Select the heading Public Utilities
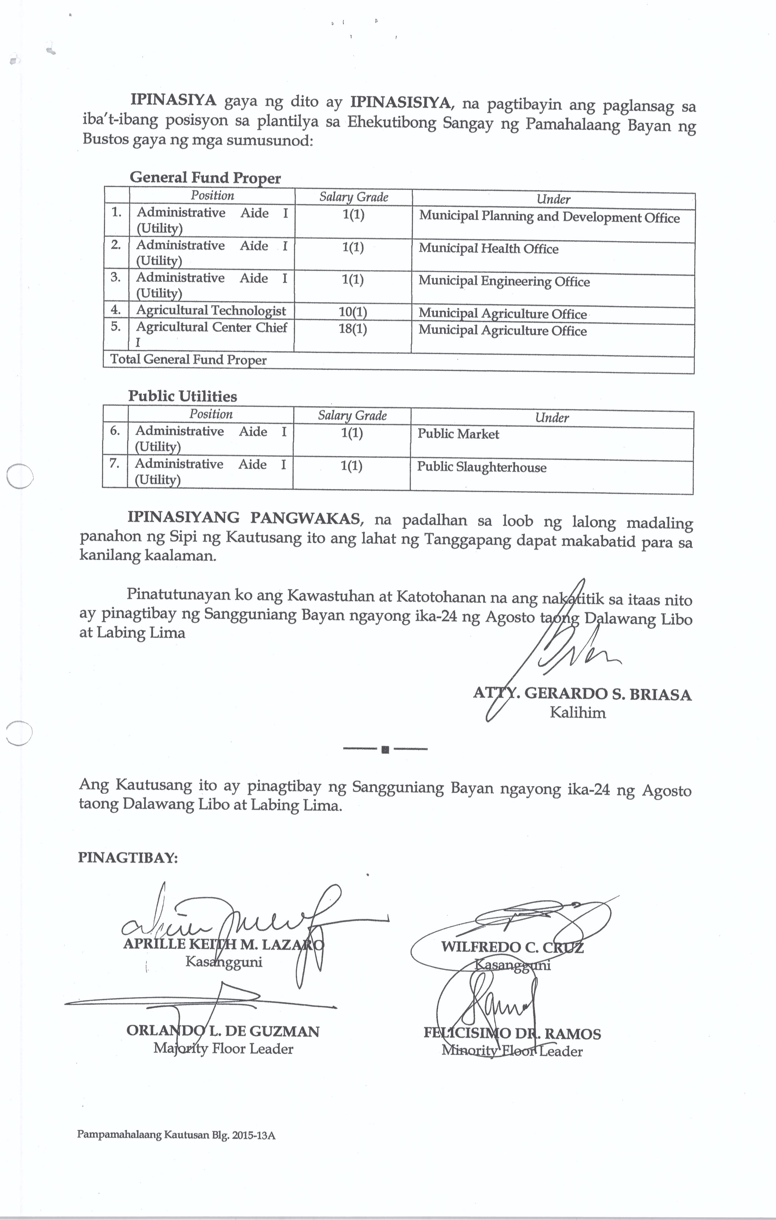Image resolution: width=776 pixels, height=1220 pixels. [x=182, y=396]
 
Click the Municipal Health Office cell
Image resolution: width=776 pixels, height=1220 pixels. [x=488, y=249]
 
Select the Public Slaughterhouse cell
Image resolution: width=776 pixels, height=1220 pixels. [x=482, y=467]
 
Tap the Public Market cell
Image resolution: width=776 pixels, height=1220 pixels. [x=458, y=434]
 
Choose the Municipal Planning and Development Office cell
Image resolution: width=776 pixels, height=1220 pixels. [x=549, y=217]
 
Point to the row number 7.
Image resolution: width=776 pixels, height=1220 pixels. [x=115, y=464]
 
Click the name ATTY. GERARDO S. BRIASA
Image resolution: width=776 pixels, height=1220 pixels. [x=582, y=694]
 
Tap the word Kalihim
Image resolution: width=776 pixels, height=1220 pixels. [x=577, y=713]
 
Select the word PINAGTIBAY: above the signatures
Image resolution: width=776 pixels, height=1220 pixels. [x=128, y=858]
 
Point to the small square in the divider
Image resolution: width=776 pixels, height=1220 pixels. [x=385, y=749]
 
